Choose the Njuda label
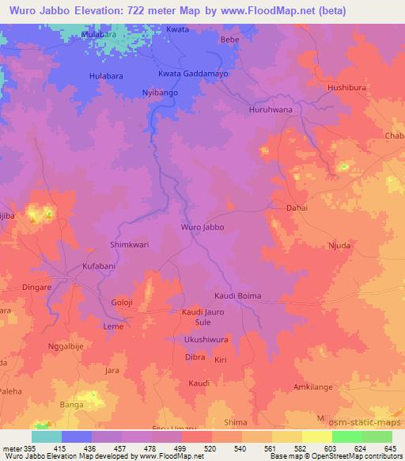coord(343,246)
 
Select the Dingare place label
coord(37,288)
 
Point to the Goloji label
coord(123,303)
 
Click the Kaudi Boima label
coord(237,296)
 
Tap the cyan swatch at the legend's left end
coord(46,436)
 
